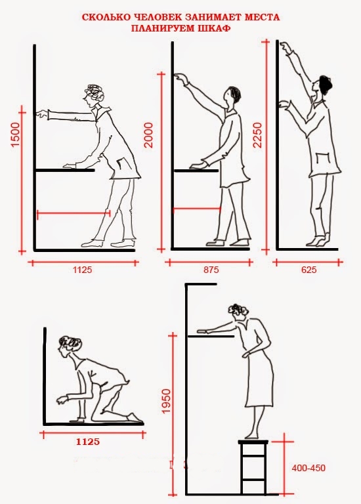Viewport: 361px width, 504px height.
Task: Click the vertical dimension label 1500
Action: (x=16, y=134)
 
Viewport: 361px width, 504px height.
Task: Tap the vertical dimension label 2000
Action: (x=148, y=135)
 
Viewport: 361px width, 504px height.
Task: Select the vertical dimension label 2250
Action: (x=257, y=135)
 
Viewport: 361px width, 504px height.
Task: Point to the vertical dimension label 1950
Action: (x=166, y=401)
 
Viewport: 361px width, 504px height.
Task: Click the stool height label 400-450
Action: (x=308, y=468)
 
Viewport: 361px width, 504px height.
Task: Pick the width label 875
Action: (x=211, y=269)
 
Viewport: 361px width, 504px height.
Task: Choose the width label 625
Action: (x=309, y=269)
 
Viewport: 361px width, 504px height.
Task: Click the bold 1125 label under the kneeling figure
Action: (x=88, y=442)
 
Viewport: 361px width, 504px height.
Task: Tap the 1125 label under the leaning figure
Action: (x=82, y=269)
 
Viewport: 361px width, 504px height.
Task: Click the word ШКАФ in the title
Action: (x=215, y=28)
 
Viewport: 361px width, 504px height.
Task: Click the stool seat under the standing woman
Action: (x=253, y=442)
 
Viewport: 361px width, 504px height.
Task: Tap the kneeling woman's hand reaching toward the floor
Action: (x=62, y=400)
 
